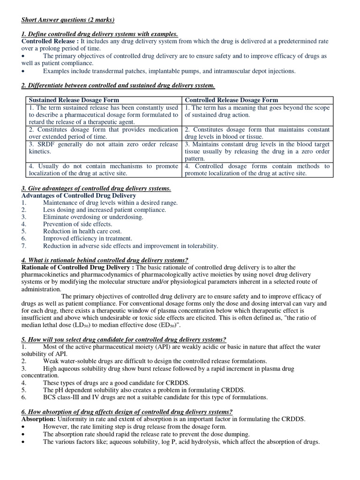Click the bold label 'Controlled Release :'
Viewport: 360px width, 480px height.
tap(50, 41)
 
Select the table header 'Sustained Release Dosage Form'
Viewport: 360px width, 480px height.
tap(74, 100)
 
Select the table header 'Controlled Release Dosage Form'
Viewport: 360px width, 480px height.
tap(231, 100)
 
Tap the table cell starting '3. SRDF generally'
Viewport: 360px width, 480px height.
tap(103, 148)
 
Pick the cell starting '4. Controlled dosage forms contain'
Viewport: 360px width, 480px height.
tap(257, 170)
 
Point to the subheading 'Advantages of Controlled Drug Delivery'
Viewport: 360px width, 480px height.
tap(79, 195)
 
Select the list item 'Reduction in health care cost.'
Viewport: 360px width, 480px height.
tap(82, 231)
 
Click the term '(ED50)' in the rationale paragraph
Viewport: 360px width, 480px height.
tap(165, 325)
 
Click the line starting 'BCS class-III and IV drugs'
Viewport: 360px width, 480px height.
tap(155, 397)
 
